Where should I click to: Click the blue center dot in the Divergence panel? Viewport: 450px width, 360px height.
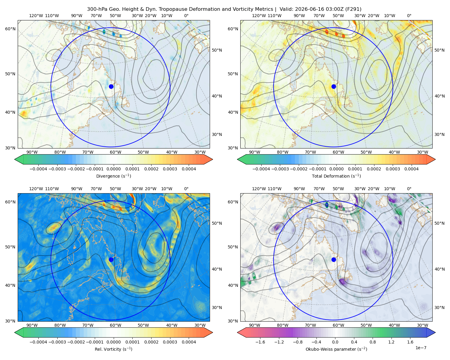(x=111, y=86)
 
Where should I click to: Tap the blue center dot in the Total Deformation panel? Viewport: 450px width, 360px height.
(x=334, y=86)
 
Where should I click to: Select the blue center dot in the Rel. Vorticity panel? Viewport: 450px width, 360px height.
(x=111, y=259)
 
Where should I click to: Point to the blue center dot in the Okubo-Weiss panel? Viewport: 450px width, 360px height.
(x=334, y=259)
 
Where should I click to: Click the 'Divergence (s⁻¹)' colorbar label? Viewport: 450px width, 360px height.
(x=113, y=176)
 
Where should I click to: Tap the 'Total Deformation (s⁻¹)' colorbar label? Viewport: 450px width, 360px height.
(x=336, y=176)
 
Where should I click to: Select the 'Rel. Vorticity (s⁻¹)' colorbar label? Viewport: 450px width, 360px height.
(x=113, y=349)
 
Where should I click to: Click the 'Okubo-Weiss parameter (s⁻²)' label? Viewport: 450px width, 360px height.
(x=336, y=349)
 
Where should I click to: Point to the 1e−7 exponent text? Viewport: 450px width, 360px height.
(x=421, y=348)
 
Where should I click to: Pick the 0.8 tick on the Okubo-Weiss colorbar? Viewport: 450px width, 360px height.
(x=373, y=342)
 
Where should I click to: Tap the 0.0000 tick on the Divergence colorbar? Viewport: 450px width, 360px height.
(x=113, y=169)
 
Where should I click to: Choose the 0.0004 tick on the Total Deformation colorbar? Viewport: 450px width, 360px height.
(x=411, y=169)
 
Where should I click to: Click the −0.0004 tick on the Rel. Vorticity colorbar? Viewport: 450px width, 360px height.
(x=38, y=342)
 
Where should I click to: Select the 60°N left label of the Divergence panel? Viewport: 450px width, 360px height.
(x=10, y=29)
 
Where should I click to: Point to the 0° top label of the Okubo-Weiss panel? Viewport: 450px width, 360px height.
(x=409, y=188)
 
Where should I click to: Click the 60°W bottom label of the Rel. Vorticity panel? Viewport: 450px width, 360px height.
(x=115, y=325)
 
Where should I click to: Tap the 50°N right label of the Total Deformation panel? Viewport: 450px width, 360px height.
(x=439, y=50)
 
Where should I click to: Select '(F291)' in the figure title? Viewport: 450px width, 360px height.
(x=353, y=9)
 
